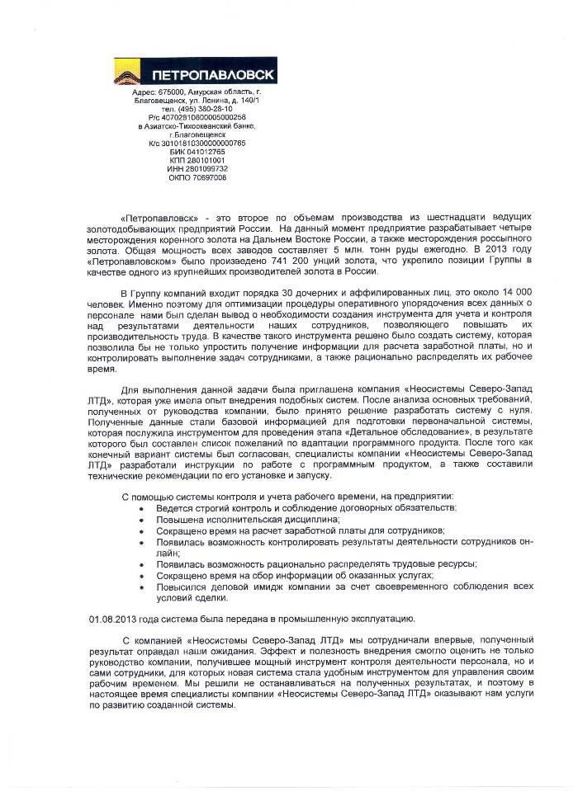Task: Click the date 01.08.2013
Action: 112,619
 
